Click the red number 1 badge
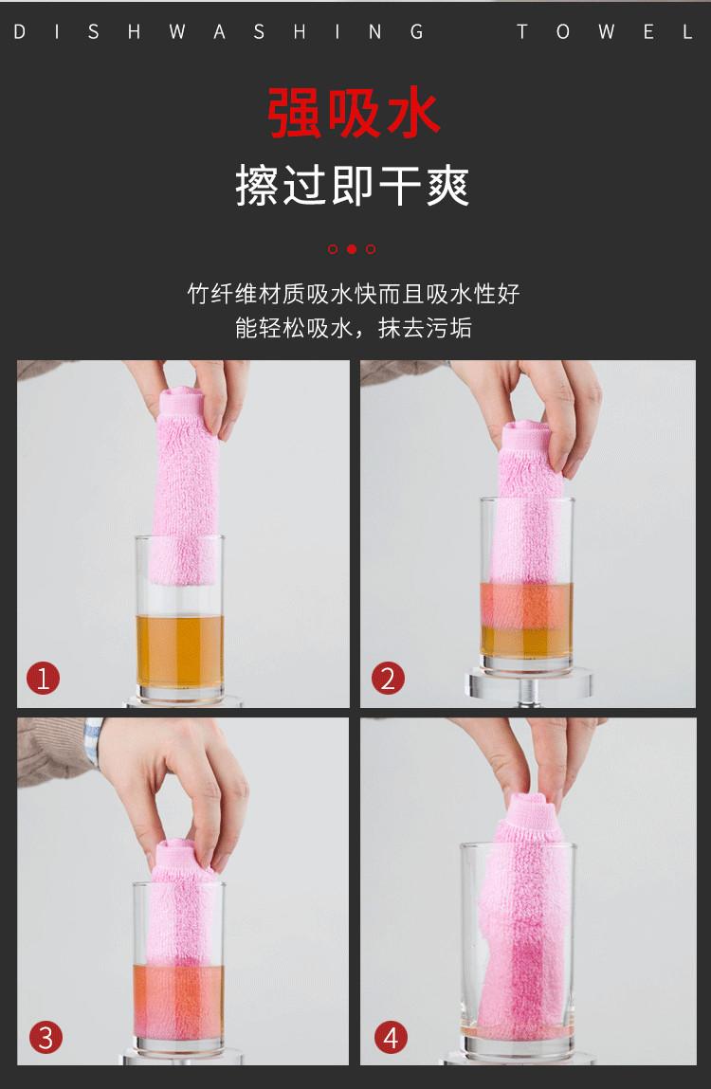tap(43, 679)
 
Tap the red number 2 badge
tap(388, 679)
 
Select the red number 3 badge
tap(46, 1038)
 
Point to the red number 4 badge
tap(391, 1038)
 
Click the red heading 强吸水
tap(354, 113)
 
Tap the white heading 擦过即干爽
tap(353, 186)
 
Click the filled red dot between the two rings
tap(352, 248)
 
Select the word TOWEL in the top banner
tap(605, 32)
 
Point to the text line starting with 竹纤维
tap(354, 294)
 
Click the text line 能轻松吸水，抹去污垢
tap(354, 327)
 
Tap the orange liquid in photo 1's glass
tap(180, 651)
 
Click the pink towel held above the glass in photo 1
tap(184, 485)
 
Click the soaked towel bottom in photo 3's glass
tap(179, 1001)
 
